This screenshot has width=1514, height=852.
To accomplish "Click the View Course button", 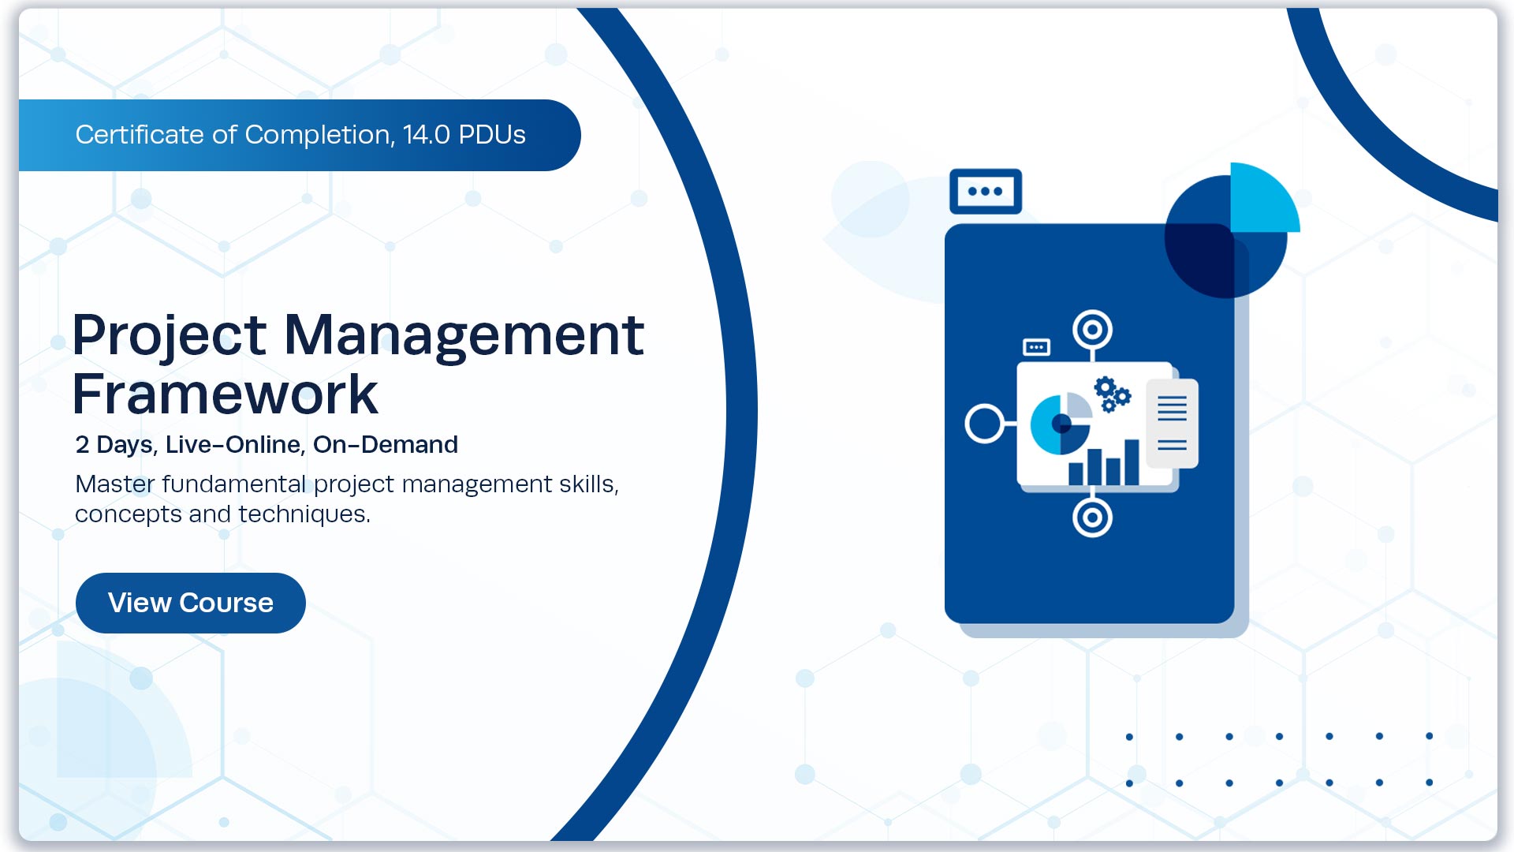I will coord(190,603).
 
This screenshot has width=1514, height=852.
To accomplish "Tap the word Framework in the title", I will coord(225,394).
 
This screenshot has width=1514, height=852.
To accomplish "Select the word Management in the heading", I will coord(464,335).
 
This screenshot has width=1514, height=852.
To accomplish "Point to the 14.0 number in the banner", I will coord(427,135).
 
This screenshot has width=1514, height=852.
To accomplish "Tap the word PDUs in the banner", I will coord(492,135).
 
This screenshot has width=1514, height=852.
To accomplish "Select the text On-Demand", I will coord(385,445).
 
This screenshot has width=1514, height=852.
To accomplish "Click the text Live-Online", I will coord(233,445).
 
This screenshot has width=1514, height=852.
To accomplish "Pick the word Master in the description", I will coord(114,484).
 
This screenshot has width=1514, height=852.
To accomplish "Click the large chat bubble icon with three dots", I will coord(985,191).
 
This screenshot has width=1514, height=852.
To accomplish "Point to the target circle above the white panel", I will coord(1092,330).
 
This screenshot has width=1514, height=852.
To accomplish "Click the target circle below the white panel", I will coord(1092,518).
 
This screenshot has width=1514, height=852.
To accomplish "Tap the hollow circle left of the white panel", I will coord(985,424).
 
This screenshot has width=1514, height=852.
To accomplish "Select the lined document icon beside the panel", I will coord(1172,424).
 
